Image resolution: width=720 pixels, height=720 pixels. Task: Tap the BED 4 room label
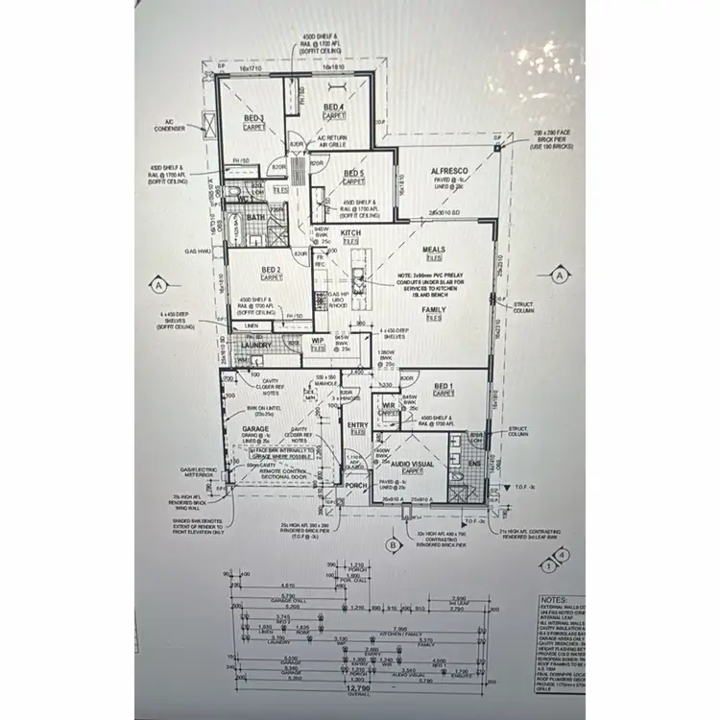tap(332, 107)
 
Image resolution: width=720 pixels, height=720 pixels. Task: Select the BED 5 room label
tap(353, 174)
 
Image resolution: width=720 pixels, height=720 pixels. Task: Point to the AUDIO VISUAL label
tap(413, 464)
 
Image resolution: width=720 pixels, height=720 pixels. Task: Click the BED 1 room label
tap(444, 386)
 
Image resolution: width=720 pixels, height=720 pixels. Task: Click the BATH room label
tap(254, 218)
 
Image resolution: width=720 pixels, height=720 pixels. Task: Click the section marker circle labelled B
tap(391, 545)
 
